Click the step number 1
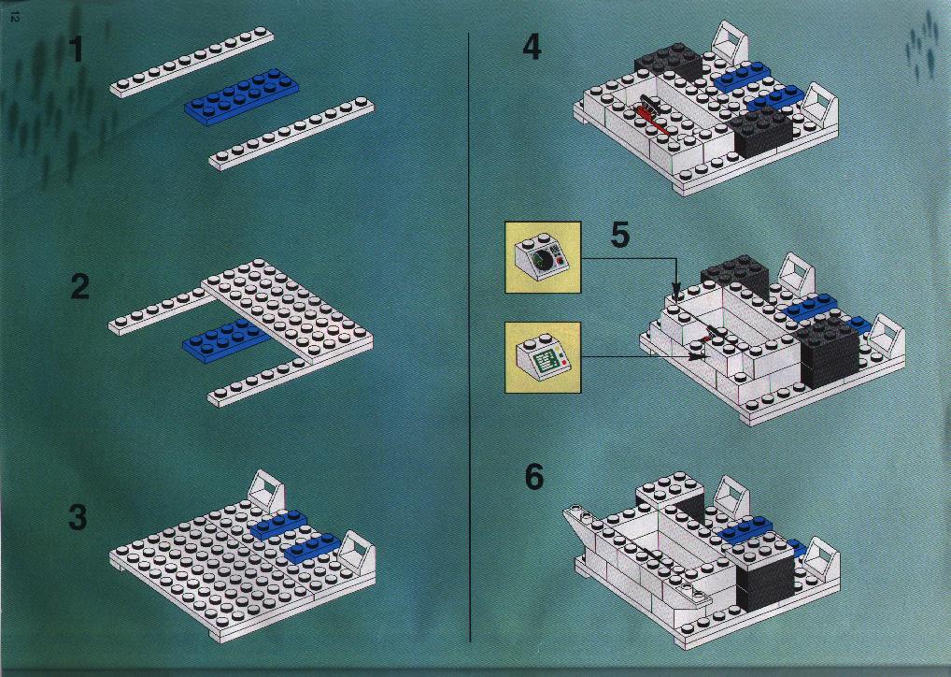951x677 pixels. click(x=76, y=50)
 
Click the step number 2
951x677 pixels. click(x=79, y=286)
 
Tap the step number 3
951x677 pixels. click(x=78, y=518)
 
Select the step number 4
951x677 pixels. click(x=532, y=47)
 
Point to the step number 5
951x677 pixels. click(x=620, y=235)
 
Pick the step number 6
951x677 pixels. click(x=533, y=477)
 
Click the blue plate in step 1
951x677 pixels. click(x=241, y=96)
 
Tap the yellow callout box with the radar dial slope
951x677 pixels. click(x=543, y=257)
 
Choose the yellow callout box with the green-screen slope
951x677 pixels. click(x=543, y=357)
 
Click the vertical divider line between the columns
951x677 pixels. click(x=470, y=337)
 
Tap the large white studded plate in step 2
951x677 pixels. click(x=288, y=310)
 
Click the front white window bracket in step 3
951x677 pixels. click(x=357, y=555)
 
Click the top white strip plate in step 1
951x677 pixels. click(x=192, y=62)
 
